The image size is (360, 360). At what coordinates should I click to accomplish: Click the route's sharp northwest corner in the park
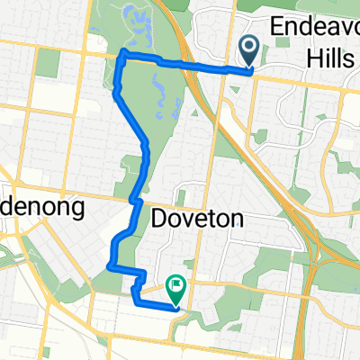click(x=122, y=58)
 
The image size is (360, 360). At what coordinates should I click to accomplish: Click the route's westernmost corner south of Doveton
click(x=108, y=265)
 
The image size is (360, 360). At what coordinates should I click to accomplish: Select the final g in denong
click(x=77, y=211)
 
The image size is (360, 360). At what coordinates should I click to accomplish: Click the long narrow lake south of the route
click(x=159, y=90)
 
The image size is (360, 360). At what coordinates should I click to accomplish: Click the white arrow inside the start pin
click(x=248, y=45)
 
